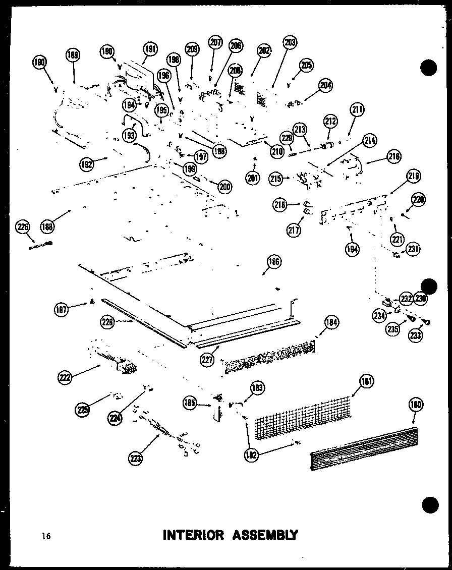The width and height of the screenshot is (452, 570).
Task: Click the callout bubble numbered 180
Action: [x=416, y=405]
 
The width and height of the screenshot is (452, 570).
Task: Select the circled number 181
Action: [x=367, y=382]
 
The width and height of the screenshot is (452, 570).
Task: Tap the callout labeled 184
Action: [x=331, y=322]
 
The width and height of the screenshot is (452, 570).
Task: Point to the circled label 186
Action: [x=274, y=262]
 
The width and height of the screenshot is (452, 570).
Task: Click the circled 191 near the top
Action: [x=150, y=49]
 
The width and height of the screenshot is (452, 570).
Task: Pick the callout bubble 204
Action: [x=326, y=85]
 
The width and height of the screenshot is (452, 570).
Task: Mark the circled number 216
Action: [x=393, y=157]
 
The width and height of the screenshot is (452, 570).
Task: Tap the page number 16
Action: [x=46, y=536]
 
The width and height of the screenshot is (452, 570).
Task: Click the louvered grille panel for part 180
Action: [x=363, y=448]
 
